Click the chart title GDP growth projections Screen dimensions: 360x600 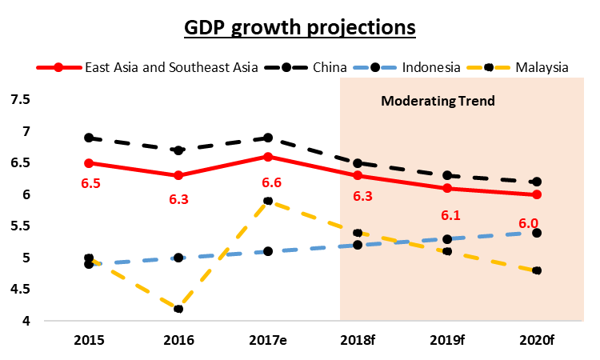[300, 27]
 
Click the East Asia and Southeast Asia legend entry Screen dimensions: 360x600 [171, 66]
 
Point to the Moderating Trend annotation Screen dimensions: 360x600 [438, 102]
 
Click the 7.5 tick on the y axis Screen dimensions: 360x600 [20, 99]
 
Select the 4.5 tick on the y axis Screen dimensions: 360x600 [20, 290]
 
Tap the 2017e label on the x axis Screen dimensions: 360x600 [268, 339]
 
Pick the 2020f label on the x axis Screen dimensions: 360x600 [537, 339]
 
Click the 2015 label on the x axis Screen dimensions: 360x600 [89, 339]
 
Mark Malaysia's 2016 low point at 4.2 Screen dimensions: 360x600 [178, 309]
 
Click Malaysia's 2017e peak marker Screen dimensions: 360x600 [268, 201]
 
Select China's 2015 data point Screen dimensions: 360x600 [89, 138]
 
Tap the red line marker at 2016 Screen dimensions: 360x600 [178, 175]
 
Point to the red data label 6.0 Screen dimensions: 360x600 [528, 224]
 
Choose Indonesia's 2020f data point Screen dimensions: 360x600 [537, 233]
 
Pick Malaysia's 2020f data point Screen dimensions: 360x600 [537, 270]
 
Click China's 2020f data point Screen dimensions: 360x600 [537, 182]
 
